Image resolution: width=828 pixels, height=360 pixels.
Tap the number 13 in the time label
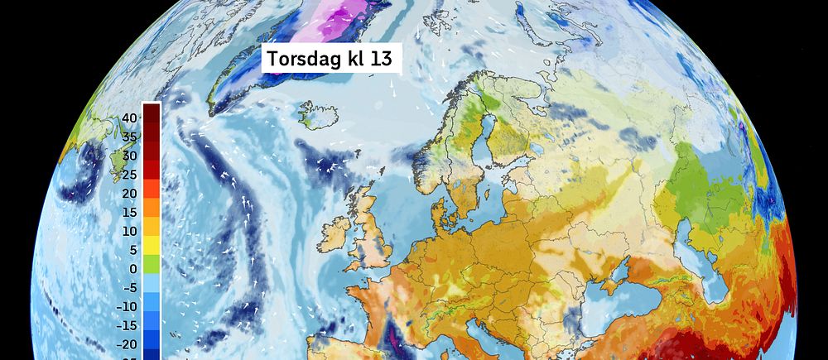click(382, 59)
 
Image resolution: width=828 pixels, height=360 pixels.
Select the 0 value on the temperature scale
click(133, 269)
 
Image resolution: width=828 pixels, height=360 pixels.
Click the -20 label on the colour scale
click(126, 344)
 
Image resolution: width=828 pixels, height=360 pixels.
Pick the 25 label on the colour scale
click(128, 175)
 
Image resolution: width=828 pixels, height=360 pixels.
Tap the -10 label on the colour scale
click(126, 306)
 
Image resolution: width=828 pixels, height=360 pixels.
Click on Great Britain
click(372, 232)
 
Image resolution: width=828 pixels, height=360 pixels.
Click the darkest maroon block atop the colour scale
click(152, 111)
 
